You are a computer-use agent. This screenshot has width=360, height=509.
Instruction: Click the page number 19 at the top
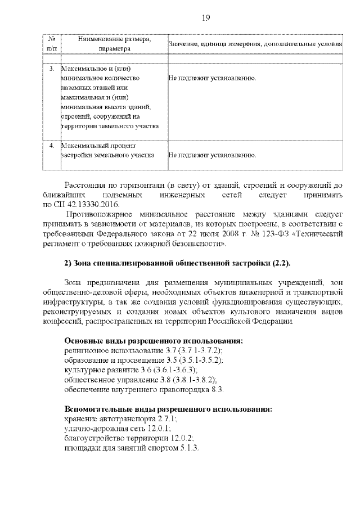point(205,18)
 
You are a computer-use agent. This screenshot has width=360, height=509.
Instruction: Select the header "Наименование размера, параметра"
point(114,44)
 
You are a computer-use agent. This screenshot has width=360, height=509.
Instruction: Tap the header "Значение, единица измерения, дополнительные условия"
point(255,44)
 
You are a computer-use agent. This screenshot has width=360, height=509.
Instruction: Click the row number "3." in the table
point(51,69)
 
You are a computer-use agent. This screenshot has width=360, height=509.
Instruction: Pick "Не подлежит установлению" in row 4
point(213,155)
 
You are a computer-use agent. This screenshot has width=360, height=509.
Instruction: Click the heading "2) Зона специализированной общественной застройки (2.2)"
point(177,263)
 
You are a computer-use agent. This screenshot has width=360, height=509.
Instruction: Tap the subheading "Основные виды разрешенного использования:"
point(154,341)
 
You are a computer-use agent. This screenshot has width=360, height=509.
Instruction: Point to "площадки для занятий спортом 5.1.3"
point(132,448)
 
